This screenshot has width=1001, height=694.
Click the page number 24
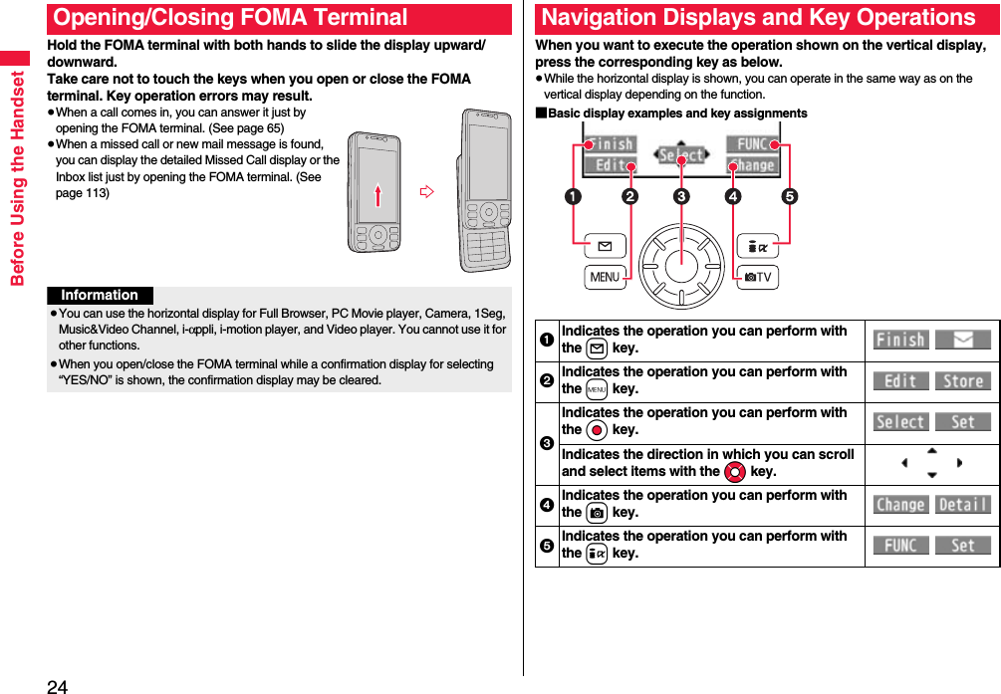[57, 686]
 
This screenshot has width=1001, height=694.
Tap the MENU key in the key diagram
[605, 277]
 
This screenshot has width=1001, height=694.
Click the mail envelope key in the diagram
[605, 245]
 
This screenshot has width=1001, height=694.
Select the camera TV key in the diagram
[757, 277]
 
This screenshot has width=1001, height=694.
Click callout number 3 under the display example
[680, 197]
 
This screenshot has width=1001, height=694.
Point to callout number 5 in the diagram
[789, 197]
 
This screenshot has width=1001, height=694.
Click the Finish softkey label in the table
[900, 341]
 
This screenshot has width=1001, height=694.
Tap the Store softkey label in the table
[962, 381]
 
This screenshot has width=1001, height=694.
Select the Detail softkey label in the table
[962, 505]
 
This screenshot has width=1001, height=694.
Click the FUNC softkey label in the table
[900, 546]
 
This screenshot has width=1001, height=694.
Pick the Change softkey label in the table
[900, 505]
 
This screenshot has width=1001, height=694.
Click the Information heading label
[100, 296]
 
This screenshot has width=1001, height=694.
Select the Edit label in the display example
[610, 165]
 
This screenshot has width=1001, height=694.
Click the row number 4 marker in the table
[547, 504]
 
